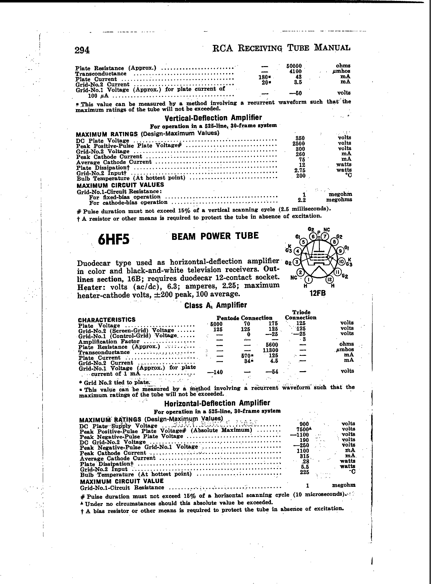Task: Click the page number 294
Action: (82, 50)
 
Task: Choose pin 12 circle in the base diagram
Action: (330, 280)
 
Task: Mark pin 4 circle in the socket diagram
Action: (297, 251)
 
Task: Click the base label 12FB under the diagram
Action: (318, 293)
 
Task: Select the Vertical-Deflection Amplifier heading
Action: (213, 118)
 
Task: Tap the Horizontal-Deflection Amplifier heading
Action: (217, 403)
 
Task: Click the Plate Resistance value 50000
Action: (294, 66)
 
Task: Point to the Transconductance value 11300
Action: (271, 350)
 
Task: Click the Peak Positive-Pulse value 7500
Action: (303, 429)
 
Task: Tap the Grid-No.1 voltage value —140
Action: (215, 372)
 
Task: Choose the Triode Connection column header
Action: (301, 315)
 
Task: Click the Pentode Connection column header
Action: (244, 318)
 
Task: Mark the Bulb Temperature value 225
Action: (304, 472)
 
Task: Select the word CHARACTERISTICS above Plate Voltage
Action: (107, 320)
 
